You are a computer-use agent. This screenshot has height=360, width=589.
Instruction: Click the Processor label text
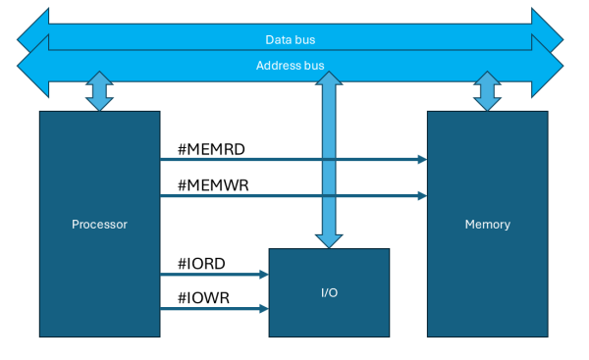click(x=99, y=225)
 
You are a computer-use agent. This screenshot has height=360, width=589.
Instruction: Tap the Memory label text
click(x=487, y=225)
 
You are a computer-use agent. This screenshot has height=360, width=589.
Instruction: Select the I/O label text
click(x=329, y=293)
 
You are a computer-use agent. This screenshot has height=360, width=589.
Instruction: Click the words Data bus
click(x=290, y=40)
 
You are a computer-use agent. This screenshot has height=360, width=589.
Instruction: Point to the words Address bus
click(x=290, y=66)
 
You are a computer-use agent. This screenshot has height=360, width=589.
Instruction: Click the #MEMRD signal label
click(x=210, y=149)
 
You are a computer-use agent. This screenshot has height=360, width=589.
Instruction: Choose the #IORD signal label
click(x=202, y=263)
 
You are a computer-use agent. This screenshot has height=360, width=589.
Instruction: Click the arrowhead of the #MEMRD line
click(x=421, y=159)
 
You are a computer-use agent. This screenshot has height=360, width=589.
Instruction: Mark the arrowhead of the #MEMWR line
click(x=421, y=195)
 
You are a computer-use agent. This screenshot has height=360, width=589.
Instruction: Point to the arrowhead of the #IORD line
click(x=264, y=275)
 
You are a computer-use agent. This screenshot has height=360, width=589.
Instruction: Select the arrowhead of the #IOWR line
click(x=264, y=309)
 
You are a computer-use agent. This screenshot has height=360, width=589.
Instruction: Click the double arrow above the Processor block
click(x=99, y=91)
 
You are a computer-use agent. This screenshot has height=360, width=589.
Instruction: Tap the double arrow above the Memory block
click(x=487, y=91)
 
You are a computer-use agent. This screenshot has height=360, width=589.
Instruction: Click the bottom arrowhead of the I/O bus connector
click(x=329, y=239)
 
